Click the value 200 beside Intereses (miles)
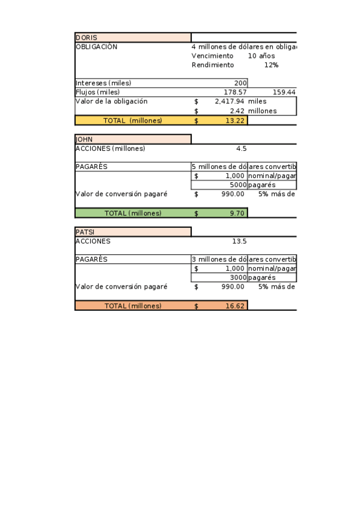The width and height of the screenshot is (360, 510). coord(240,83)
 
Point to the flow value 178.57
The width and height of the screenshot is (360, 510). coord(235,92)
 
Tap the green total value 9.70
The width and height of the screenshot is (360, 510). coord(237,213)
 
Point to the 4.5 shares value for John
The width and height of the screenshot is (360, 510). coord(242,149)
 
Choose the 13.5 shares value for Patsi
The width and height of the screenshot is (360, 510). coord(239,241)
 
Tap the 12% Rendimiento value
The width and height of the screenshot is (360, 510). coord(271,65)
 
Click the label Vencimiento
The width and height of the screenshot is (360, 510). coord(212,56)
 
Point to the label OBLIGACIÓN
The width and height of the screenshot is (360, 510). coord(96,46)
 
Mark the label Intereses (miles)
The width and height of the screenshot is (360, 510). coord(103,83)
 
